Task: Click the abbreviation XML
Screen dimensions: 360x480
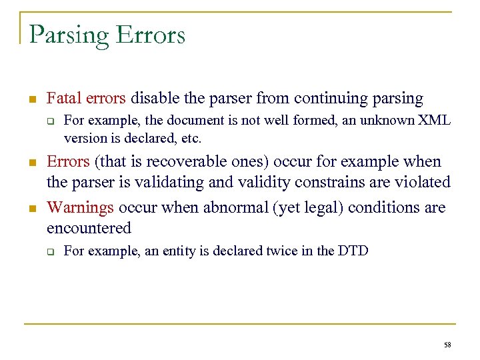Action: tap(433, 121)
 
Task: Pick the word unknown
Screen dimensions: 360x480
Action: tap(383, 121)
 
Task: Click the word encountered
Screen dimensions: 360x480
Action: tap(89, 228)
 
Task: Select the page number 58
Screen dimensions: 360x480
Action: tap(447, 345)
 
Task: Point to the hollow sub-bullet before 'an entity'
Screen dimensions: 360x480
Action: tap(49, 252)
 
